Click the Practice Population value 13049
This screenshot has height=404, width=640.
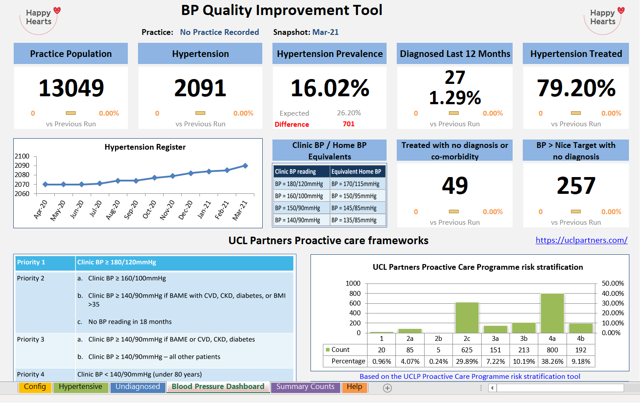(71, 88)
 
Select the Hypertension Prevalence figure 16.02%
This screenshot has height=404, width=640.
(330, 88)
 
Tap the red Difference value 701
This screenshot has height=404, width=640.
(349, 124)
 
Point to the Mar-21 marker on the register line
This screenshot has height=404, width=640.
(245, 166)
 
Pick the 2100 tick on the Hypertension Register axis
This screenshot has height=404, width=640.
(22, 156)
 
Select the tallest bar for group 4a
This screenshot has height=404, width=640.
(552, 313)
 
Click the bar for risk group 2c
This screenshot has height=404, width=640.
(467, 317)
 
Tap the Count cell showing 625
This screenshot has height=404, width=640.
(467, 350)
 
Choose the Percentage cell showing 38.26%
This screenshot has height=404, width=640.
(552, 361)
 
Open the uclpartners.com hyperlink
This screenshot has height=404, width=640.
(581, 240)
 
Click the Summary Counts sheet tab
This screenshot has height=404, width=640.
(305, 387)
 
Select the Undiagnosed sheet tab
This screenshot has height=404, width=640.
(138, 387)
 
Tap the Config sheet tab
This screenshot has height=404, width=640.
(35, 387)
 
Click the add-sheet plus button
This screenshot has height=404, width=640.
(387, 388)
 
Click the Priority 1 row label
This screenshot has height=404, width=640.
(31, 262)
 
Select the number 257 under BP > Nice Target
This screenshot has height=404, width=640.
(576, 185)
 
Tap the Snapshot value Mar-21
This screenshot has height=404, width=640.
(326, 32)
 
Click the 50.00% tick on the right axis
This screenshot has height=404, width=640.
(613, 283)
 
